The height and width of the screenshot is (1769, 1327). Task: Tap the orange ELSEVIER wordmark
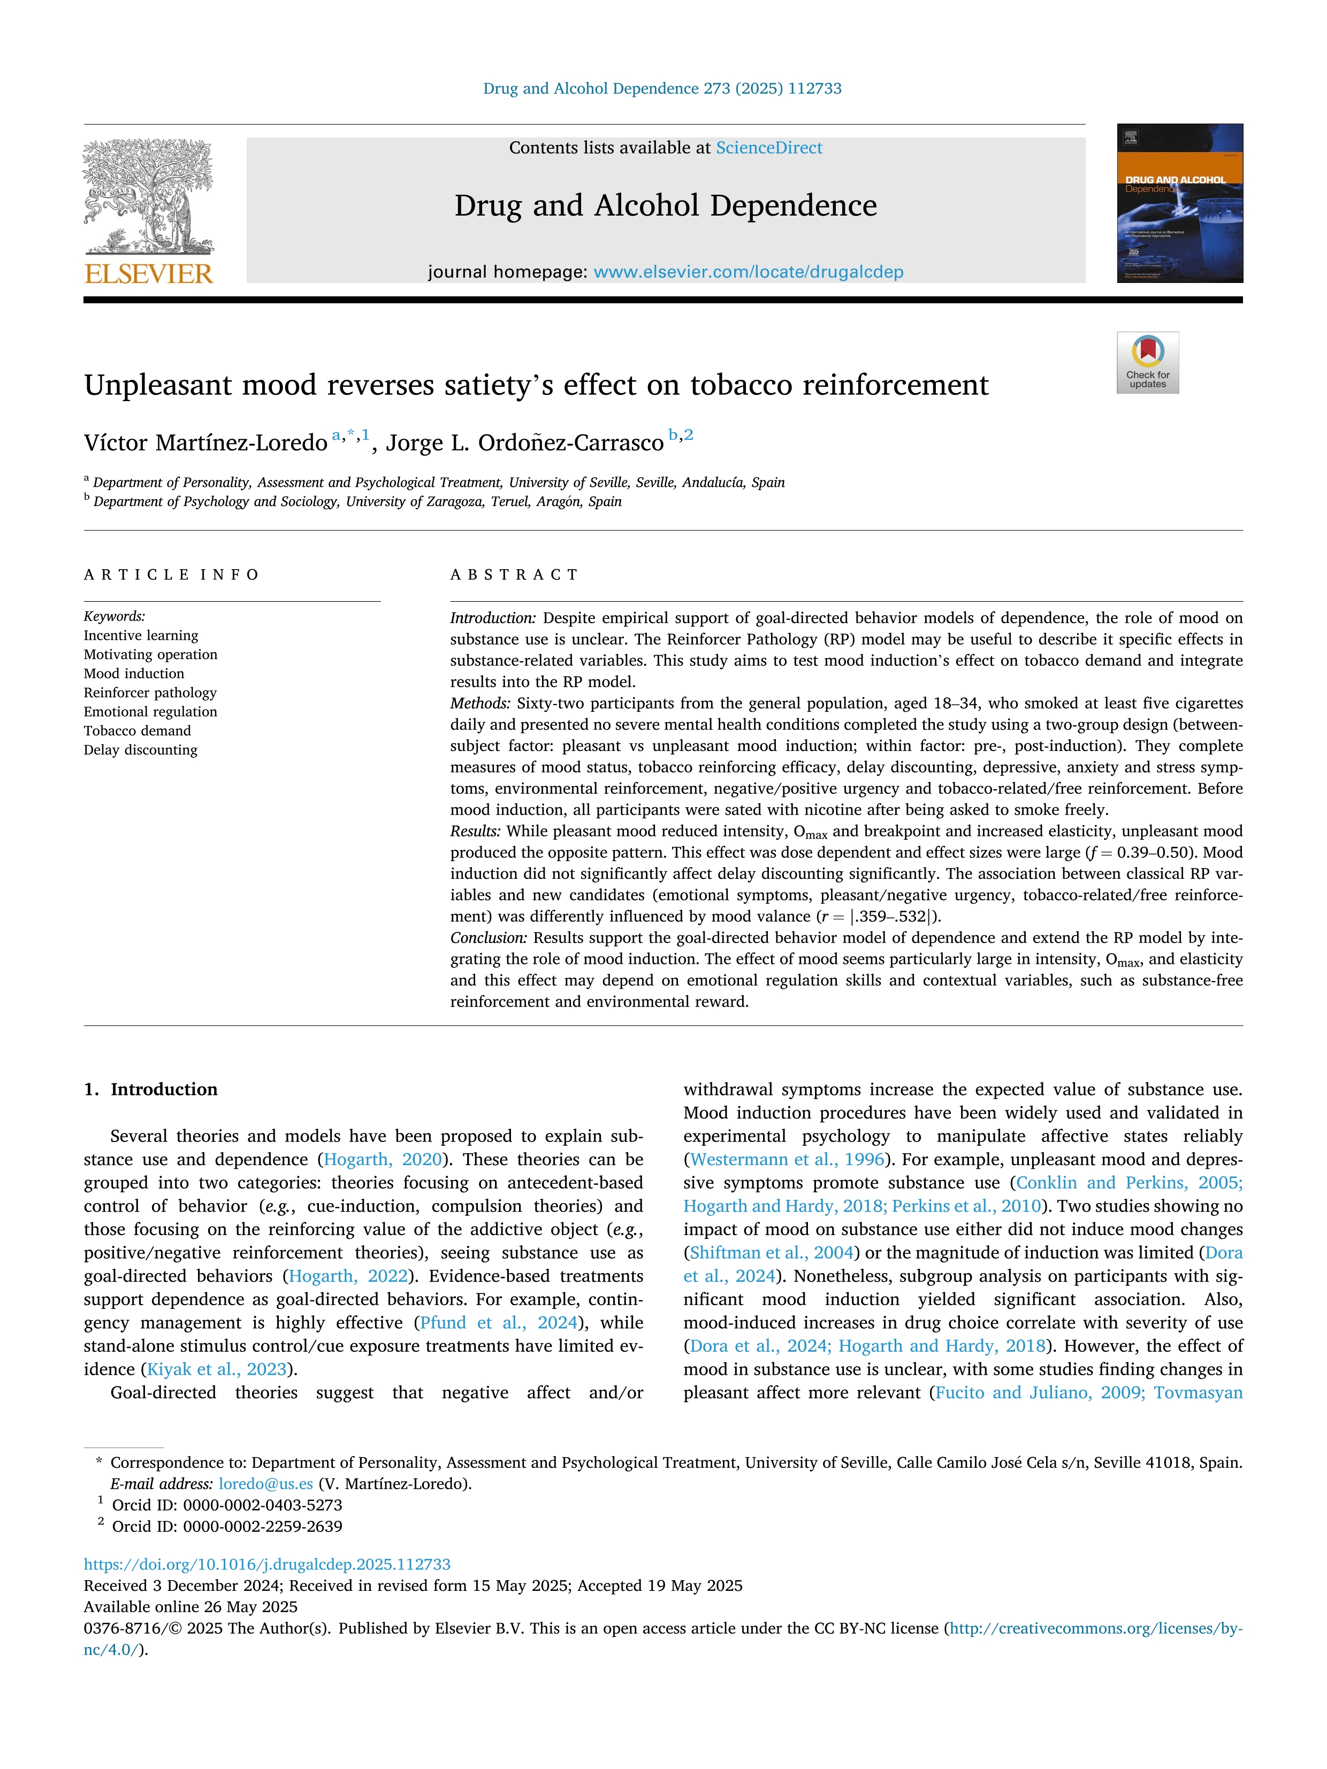(x=149, y=274)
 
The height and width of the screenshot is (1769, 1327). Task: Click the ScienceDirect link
(x=769, y=148)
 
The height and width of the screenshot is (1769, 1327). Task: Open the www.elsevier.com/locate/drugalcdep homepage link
(x=748, y=272)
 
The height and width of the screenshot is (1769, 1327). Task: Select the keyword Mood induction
(x=134, y=673)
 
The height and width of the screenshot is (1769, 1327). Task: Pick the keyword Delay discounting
(x=140, y=750)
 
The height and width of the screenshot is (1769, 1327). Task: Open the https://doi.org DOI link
(x=267, y=1564)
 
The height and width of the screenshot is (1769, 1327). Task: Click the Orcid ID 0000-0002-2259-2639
(x=262, y=1527)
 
